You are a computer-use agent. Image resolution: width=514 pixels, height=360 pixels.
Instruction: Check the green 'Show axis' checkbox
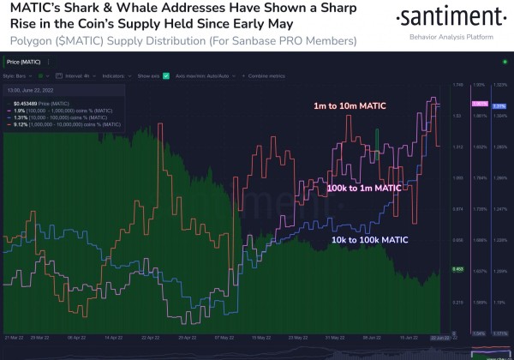[165, 76]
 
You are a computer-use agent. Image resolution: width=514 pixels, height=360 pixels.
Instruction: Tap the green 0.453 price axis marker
[457, 269]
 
